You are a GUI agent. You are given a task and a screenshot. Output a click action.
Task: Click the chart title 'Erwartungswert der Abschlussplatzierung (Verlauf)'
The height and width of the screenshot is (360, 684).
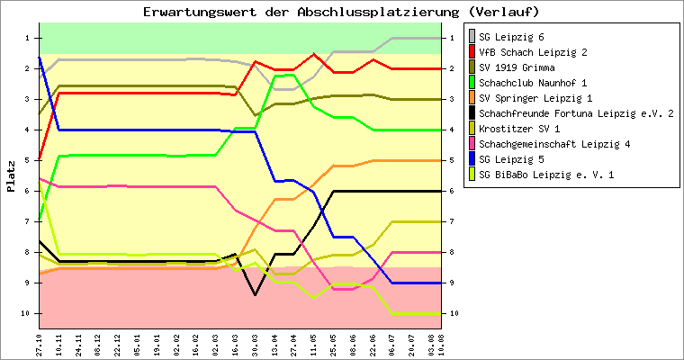[341, 12]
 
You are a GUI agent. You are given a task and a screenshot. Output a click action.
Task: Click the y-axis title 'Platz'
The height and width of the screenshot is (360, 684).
[11, 176]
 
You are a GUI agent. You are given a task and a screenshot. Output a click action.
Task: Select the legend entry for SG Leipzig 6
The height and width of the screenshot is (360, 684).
[524, 37]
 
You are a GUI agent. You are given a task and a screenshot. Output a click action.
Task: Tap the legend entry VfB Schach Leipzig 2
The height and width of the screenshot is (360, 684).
[534, 52]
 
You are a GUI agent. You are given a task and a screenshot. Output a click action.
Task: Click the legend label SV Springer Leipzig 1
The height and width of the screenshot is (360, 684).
[536, 98]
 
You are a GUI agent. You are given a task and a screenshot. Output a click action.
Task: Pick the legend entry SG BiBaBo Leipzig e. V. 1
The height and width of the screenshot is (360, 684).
[547, 175]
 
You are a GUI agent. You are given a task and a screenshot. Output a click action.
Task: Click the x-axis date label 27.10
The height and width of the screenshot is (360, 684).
[40, 344]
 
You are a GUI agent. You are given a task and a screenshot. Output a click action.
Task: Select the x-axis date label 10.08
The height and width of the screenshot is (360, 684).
[441, 344]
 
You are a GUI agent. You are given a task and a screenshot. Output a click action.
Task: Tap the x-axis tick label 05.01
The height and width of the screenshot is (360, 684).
[138, 344]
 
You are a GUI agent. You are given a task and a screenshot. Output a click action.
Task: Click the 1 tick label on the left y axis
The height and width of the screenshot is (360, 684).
[27, 38]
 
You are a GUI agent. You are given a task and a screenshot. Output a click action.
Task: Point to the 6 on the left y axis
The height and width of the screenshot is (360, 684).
[27, 191]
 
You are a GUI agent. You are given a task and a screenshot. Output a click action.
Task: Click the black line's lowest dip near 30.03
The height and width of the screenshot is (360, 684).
[256, 294]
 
